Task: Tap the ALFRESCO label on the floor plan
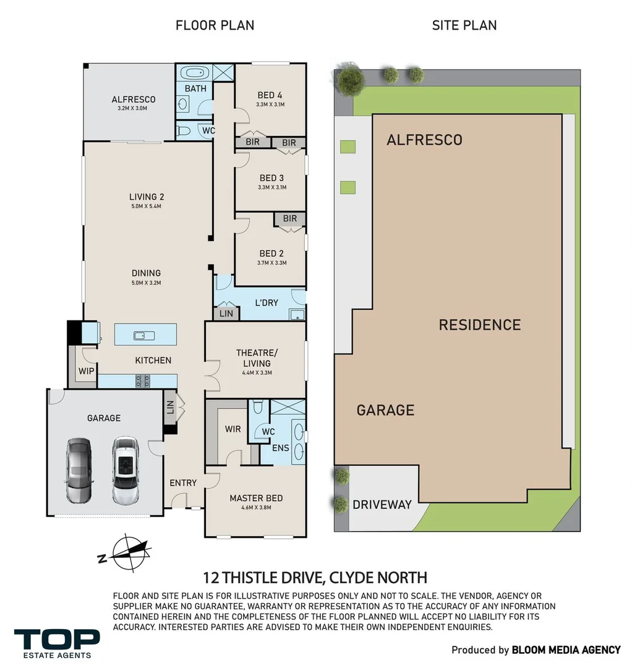click(x=133, y=99)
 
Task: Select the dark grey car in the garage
click(x=79, y=469)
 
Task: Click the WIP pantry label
click(x=85, y=372)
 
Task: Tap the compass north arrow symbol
click(x=127, y=552)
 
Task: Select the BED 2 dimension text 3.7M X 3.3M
click(x=271, y=263)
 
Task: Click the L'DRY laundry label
click(x=267, y=302)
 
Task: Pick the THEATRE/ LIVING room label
click(x=257, y=358)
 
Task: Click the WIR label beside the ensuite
click(x=233, y=429)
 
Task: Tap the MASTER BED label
click(x=256, y=498)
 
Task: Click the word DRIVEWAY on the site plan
click(x=382, y=505)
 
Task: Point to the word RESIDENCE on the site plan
click(x=479, y=325)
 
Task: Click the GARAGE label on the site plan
click(x=385, y=409)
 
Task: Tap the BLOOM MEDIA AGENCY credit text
click(x=566, y=650)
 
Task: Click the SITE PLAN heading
click(x=464, y=25)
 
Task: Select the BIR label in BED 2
click(x=289, y=219)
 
